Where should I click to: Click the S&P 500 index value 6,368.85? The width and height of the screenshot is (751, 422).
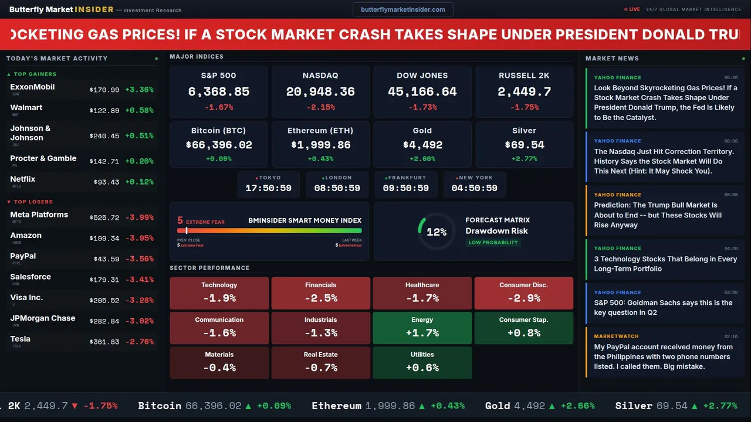[218, 91]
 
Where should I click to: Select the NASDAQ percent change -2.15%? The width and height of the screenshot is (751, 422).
[320, 107]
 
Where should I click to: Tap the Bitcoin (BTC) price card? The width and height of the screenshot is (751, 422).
[218, 144]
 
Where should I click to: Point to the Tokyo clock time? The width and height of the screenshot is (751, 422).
[268, 188]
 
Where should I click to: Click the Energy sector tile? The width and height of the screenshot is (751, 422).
[422, 328]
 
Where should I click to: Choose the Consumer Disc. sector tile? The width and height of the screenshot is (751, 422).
[523, 293]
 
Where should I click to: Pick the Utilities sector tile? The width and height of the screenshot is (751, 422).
[422, 363]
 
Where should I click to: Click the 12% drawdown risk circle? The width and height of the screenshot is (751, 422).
[437, 232]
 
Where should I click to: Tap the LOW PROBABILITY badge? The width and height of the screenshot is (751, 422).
[493, 243]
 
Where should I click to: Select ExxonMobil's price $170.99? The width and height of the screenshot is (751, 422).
[104, 90]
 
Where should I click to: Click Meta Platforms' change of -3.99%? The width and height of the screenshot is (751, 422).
[140, 217]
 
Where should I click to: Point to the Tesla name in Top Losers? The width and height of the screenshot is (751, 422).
[21, 339]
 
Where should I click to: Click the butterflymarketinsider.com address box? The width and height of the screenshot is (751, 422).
[403, 9]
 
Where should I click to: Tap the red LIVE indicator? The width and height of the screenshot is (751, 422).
[632, 9]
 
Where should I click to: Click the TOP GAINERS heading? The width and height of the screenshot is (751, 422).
[35, 74]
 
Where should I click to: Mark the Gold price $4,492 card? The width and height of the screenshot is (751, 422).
[422, 144]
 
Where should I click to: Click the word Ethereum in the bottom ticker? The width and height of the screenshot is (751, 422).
[336, 406]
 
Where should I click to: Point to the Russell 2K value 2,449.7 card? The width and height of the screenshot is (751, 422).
[524, 91]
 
